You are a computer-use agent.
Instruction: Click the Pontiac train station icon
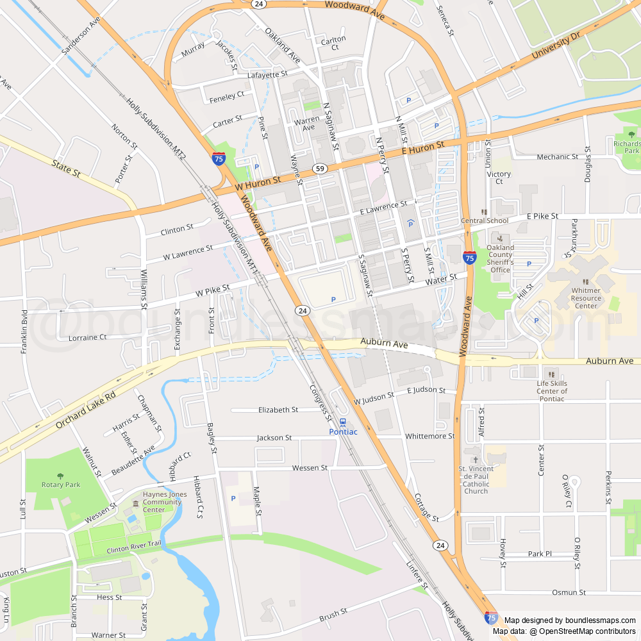pyautogui.click(x=343, y=422)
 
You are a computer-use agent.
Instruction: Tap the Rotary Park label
pyautogui.click(x=61, y=485)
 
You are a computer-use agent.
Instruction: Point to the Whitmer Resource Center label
pyautogui.click(x=586, y=298)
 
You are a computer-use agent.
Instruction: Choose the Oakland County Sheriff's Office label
pyautogui.click(x=500, y=258)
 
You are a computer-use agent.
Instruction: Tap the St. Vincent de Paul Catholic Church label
pyautogui.click(x=476, y=479)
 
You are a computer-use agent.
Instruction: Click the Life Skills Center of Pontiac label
pyautogui.click(x=551, y=391)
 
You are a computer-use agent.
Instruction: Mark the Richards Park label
pyautogui.click(x=626, y=147)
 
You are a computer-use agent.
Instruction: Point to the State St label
pyautogui.click(x=66, y=169)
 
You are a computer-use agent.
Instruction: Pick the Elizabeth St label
pyautogui.click(x=278, y=410)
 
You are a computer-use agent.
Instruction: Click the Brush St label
pyautogui.click(x=333, y=616)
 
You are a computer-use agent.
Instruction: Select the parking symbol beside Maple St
pyautogui.click(x=233, y=498)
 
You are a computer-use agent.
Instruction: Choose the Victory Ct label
pyautogui.click(x=499, y=178)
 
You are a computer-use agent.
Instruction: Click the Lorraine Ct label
pyautogui.click(x=82, y=337)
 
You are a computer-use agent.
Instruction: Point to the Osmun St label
pyautogui.click(x=569, y=592)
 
